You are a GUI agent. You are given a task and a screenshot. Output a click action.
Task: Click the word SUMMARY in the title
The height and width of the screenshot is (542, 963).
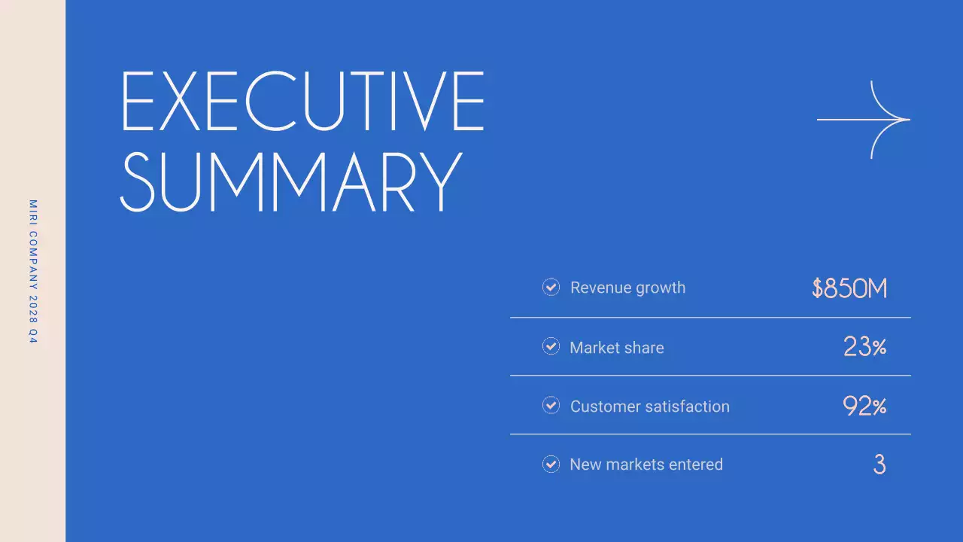pyautogui.click(x=290, y=182)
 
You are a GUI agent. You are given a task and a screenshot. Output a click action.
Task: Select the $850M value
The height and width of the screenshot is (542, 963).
pyautogui.click(x=849, y=288)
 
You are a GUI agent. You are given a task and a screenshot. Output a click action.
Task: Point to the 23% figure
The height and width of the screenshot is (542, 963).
pyautogui.click(x=864, y=347)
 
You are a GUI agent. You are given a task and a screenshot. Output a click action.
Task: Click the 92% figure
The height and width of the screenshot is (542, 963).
pyautogui.click(x=864, y=406)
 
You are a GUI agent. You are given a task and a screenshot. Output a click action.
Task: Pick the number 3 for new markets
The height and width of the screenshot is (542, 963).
pyautogui.click(x=879, y=464)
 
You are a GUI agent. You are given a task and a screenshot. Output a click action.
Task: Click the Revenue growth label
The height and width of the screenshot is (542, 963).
pyautogui.click(x=627, y=288)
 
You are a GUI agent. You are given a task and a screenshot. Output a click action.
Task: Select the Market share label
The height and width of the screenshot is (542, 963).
pyautogui.click(x=616, y=348)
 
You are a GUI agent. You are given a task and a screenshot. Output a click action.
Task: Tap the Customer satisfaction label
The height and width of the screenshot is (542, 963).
pyautogui.click(x=649, y=406)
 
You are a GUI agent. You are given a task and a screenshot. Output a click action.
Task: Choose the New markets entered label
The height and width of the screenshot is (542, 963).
pyautogui.click(x=646, y=464)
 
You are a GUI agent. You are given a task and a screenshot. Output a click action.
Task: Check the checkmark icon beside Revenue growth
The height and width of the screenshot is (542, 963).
pyautogui.click(x=551, y=287)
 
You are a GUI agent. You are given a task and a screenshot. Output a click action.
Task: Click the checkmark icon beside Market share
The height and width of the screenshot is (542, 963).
pyautogui.click(x=551, y=346)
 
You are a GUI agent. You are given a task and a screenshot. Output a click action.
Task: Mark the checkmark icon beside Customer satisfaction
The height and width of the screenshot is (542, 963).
pyautogui.click(x=551, y=405)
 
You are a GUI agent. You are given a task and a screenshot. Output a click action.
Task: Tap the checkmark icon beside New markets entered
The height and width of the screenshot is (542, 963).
pyautogui.click(x=551, y=464)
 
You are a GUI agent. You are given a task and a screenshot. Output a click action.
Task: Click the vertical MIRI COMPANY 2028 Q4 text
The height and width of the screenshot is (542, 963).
pyautogui.click(x=32, y=272)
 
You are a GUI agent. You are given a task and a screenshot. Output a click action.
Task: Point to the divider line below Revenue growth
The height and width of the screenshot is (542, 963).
pyautogui.click(x=710, y=318)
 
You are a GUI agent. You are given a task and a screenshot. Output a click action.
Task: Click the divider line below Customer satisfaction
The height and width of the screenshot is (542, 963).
pyautogui.click(x=710, y=434)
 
